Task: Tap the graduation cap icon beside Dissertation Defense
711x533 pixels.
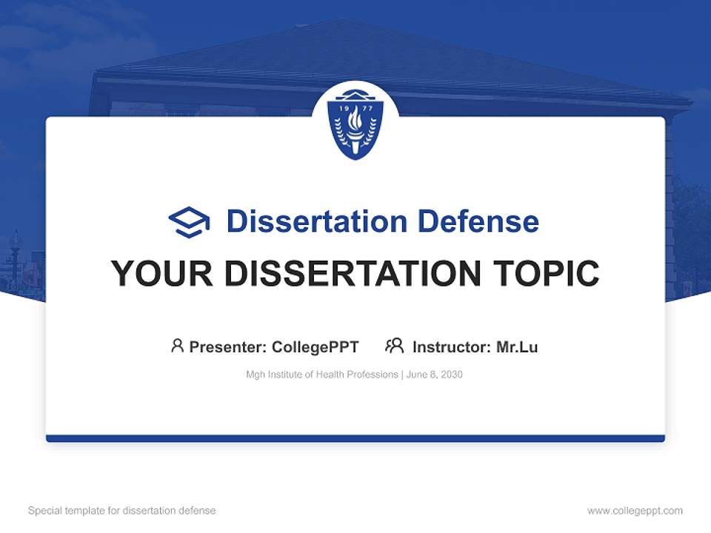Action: coord(189,222)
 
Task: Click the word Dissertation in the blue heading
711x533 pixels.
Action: coord(317,221)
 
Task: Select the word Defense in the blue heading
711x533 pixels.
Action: coord(478,221)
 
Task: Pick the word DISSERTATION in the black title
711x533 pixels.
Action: coord(353,273)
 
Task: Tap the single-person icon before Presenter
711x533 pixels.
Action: coord(177,346)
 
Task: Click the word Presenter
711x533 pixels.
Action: coord(227,347)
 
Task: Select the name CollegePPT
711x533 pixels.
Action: coord(316,347)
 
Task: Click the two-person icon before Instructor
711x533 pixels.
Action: coord(395,346)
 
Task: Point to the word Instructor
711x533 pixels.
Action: coord(452,347)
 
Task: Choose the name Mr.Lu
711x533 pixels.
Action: coord(518,347)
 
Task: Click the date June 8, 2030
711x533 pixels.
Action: coord(435,375)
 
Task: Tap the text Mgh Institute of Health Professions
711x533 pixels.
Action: coord(322,375)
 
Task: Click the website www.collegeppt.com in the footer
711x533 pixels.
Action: coord(635,511)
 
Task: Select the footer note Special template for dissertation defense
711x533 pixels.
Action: coord(122,510)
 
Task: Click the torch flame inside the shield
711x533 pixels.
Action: coord(355,118)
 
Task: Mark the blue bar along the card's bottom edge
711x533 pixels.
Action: coord(355,438)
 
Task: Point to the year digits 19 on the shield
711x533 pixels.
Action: coord(344,108)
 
